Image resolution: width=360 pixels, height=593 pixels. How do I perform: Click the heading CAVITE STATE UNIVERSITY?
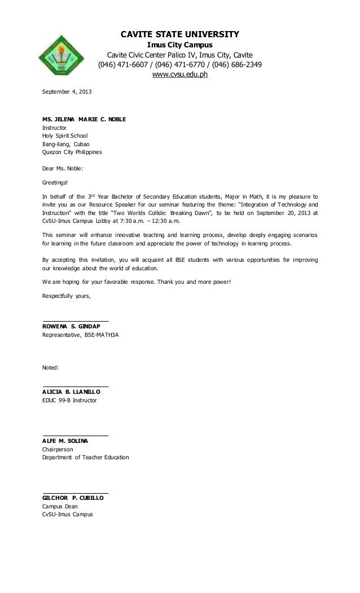point(180,34)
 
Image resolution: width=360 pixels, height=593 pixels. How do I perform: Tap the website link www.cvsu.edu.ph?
point(181,74)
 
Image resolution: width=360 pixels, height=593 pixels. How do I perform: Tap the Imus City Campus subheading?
point(180,45)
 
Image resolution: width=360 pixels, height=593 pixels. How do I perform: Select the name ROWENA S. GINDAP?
point(75,327)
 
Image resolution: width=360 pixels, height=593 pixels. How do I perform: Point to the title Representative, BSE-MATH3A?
point(81,335)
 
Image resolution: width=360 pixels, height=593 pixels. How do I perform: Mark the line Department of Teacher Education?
point(86,457)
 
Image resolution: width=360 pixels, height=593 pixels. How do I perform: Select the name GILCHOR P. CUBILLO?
point(75,498)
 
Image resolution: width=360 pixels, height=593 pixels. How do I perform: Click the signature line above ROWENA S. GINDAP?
point(76,322)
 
